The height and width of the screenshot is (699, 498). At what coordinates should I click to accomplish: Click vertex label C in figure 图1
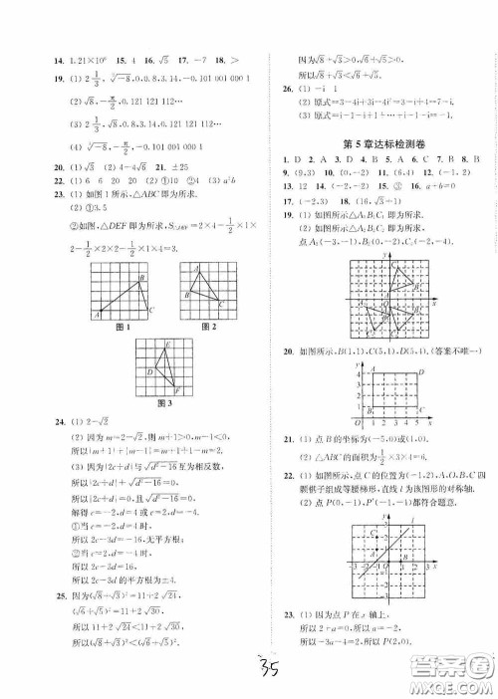[149, 309]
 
